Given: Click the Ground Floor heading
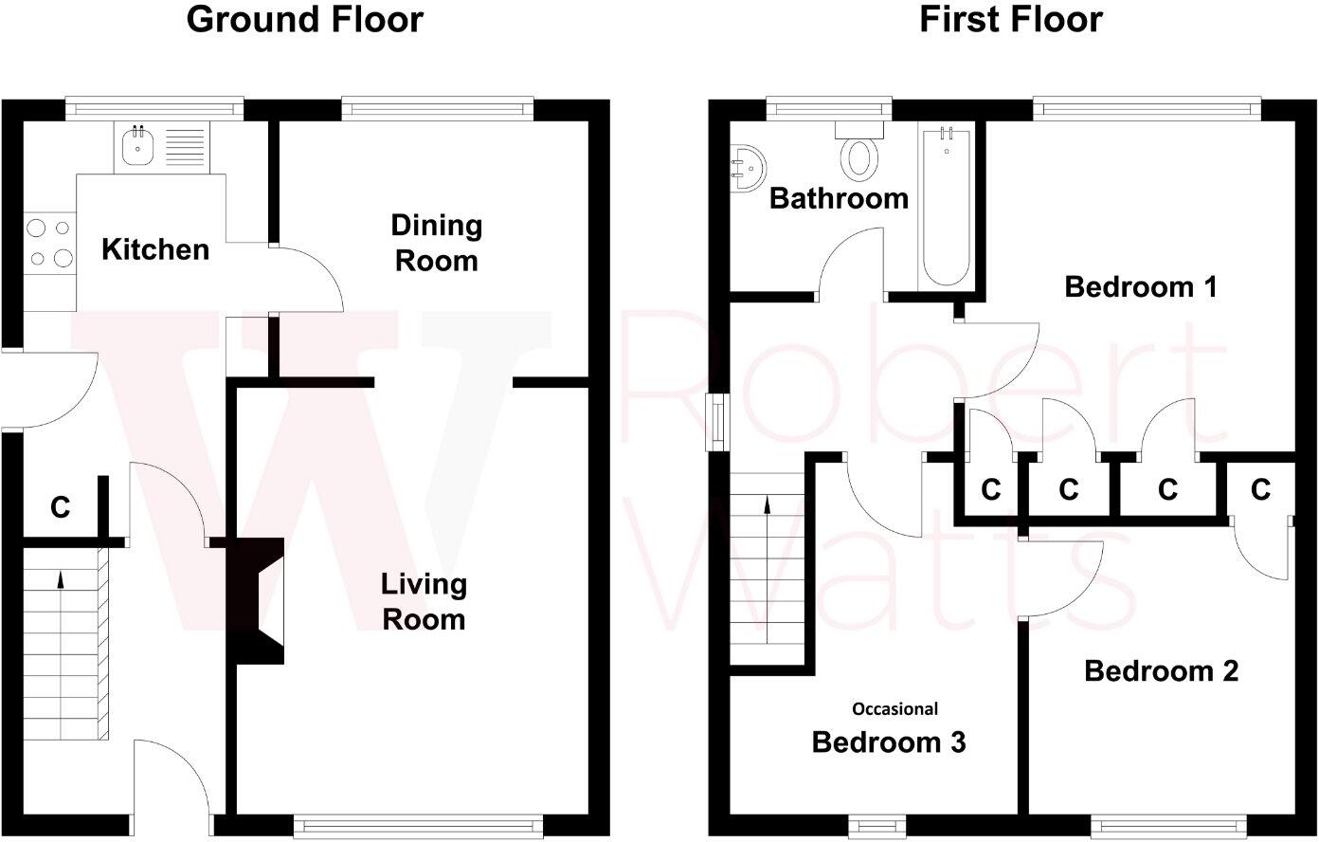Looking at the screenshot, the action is tap(305, 20).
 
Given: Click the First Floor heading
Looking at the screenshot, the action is tap(1010, 20).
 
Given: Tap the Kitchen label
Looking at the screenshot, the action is tap(155, 249).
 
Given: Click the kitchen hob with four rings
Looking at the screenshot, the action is tap(50, 244).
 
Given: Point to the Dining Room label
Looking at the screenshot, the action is tap(436, 243).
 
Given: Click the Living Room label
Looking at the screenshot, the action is tap(424, 601).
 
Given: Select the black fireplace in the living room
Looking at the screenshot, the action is tap(256, 601).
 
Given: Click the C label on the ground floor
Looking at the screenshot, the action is tap(60, 507).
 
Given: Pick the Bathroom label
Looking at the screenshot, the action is tap(840, 198).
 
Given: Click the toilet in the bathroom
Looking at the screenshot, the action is tap(859, 150).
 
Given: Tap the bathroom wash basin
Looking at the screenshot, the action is tap(748, 169).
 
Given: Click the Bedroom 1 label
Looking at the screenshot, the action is tap(1141, 287).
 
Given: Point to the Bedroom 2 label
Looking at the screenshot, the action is tap(1161, 671).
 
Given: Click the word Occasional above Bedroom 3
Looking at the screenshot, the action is tap(895, 709).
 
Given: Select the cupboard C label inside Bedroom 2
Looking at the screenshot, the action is tap(1260, 489).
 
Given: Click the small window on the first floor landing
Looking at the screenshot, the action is tap(718, 423).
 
